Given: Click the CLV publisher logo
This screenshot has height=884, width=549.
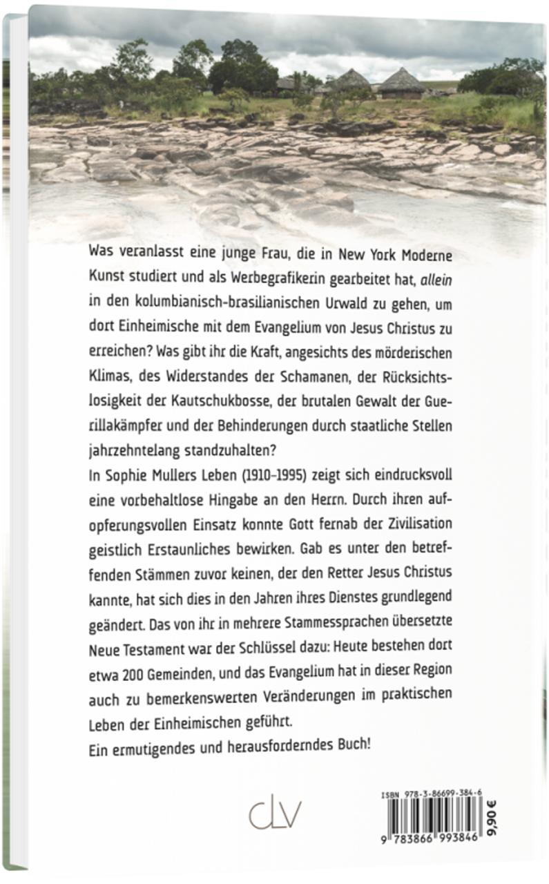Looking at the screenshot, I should (274, 815).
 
